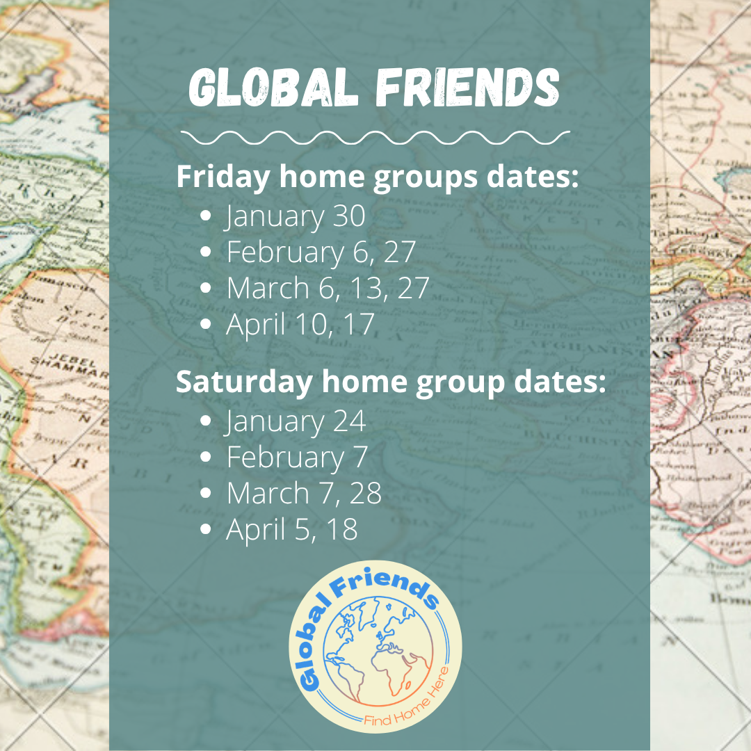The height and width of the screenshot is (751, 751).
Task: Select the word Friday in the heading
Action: click(223, 177)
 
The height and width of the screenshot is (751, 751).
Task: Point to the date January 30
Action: click(296, 216)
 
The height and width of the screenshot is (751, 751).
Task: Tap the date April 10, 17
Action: click(300, 325)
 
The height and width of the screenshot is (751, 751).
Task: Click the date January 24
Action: click(296, 421)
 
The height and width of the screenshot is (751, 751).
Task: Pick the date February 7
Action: click(297, 458)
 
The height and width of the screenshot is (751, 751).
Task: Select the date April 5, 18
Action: click(292, 530)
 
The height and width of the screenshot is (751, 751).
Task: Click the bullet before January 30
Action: click(205, 216)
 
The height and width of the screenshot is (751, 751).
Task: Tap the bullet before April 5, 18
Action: click(205, 530)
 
